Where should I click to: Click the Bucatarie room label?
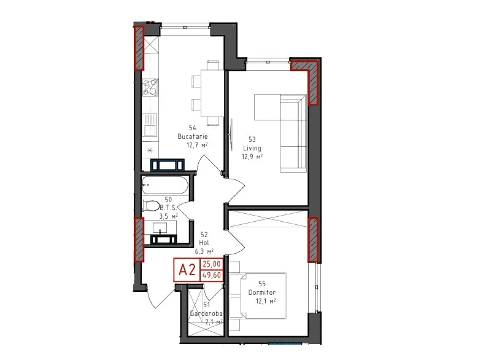pyautogui.click(x=193, y=136)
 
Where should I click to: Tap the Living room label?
pyautogui.click(x=252, y=148)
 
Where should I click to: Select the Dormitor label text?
pyautogui.click(x=262, y=292)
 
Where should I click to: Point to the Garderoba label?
pyautogui.click(x=206, y=313)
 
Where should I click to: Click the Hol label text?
pyautogui.click(x=204, y=243)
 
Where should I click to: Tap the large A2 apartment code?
pyautogui.click(x=187, y=270)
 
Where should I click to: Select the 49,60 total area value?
pyautogui.click(x=212, y=275)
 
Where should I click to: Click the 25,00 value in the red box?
pyautogui.click(x=212, y=264)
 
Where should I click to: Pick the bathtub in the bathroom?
pyautogui.click(x=165, y=186)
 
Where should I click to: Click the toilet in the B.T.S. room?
pyautogui.click(x=150, y=206)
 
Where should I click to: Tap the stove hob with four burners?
pyautogui.click(x=150, y=87)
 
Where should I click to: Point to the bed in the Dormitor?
pyautogui.click(x=258, y=295)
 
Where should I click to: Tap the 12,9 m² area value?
pyautogui.click(x=252, y=157)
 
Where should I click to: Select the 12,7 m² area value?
pyautogui.click(x=197, y=145)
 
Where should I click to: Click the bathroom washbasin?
pyautogui.click(x=160, y=228)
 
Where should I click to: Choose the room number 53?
pyautogui.click(x=252, y=139)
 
